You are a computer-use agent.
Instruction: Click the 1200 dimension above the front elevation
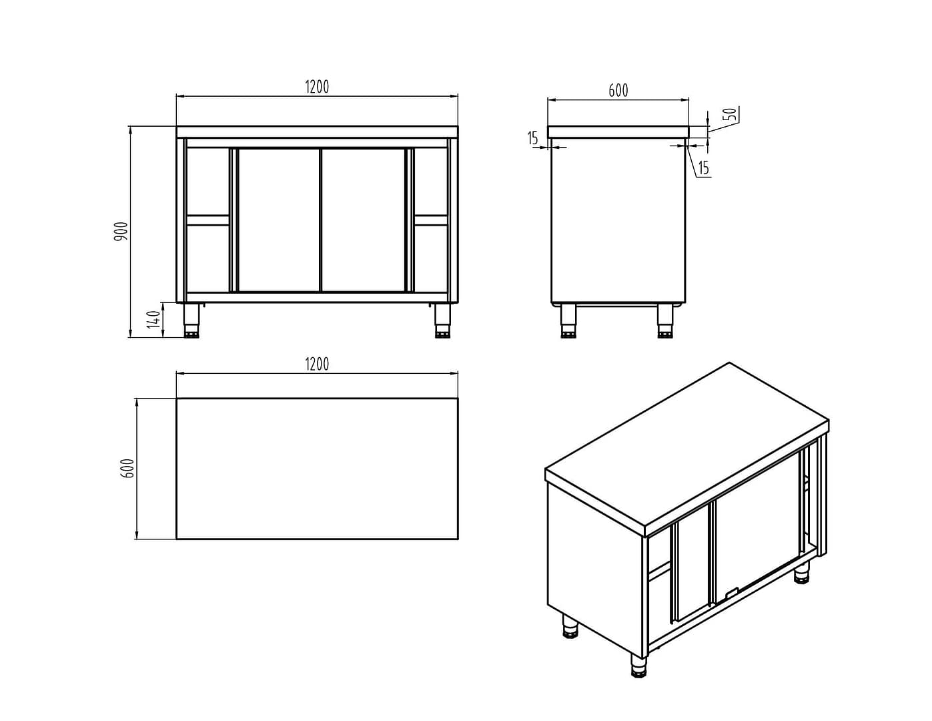click(x=317, y=87)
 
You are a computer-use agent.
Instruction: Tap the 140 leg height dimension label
click(x=153, y=319)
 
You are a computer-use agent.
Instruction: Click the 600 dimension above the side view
click(x=618, y=91)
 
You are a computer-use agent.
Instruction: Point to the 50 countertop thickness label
click(x=730, y=114)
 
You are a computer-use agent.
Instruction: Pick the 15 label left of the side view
click(x=532, y=138)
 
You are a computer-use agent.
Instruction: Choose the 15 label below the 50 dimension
click(x=704, y=168)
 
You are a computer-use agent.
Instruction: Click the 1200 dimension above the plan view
click(x=317, y=365)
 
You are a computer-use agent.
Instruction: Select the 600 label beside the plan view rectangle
click(x=129, y=468)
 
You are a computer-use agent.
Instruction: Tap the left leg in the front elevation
click(x=191, y=320)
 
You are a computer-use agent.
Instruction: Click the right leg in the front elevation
click(x=442, y=320)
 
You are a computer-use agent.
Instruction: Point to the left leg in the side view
click(x=568, y=321)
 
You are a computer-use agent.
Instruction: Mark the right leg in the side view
click(x=665, y=321)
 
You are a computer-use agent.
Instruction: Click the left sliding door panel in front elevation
click(x=279, y=220)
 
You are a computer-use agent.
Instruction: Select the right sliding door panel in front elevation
click(x=363, y=220)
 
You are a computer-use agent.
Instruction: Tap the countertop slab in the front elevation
click(x=317, y=132)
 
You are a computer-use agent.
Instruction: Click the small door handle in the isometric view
click(x=730, y=593)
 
